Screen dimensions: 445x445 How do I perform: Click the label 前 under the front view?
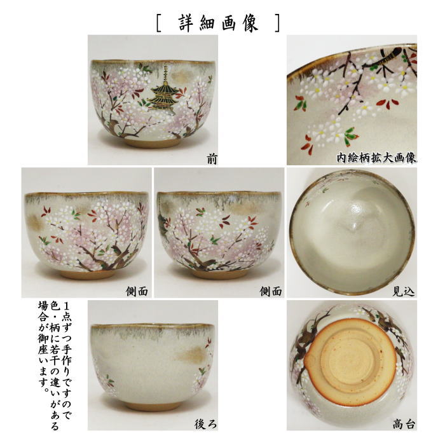[x=211, y=159]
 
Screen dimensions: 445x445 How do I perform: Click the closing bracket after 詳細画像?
[x=276, y=23]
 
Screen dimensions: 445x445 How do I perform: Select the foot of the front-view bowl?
[x=153, y=143]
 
